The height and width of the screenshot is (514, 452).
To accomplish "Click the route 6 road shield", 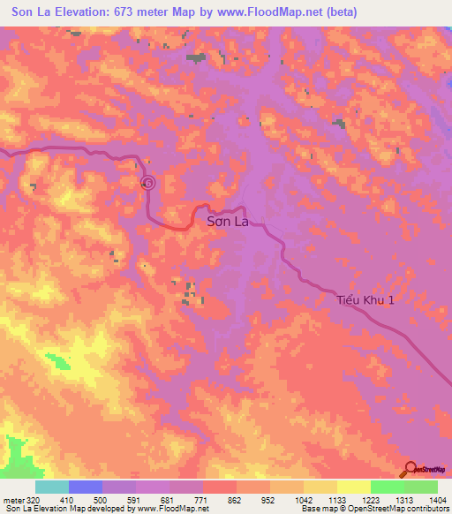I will pyautogui.click(x=147, y=183).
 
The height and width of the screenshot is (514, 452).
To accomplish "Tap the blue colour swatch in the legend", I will pyautogui.click(x=86, y=487).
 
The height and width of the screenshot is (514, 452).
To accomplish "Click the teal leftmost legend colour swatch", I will pyautogui.click(x=52, y=487).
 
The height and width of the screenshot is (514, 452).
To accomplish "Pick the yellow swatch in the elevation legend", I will pyautogui.click(x=353, y=487).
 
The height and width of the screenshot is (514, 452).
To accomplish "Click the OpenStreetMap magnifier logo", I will pyautogui.click(x=410, y=470).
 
